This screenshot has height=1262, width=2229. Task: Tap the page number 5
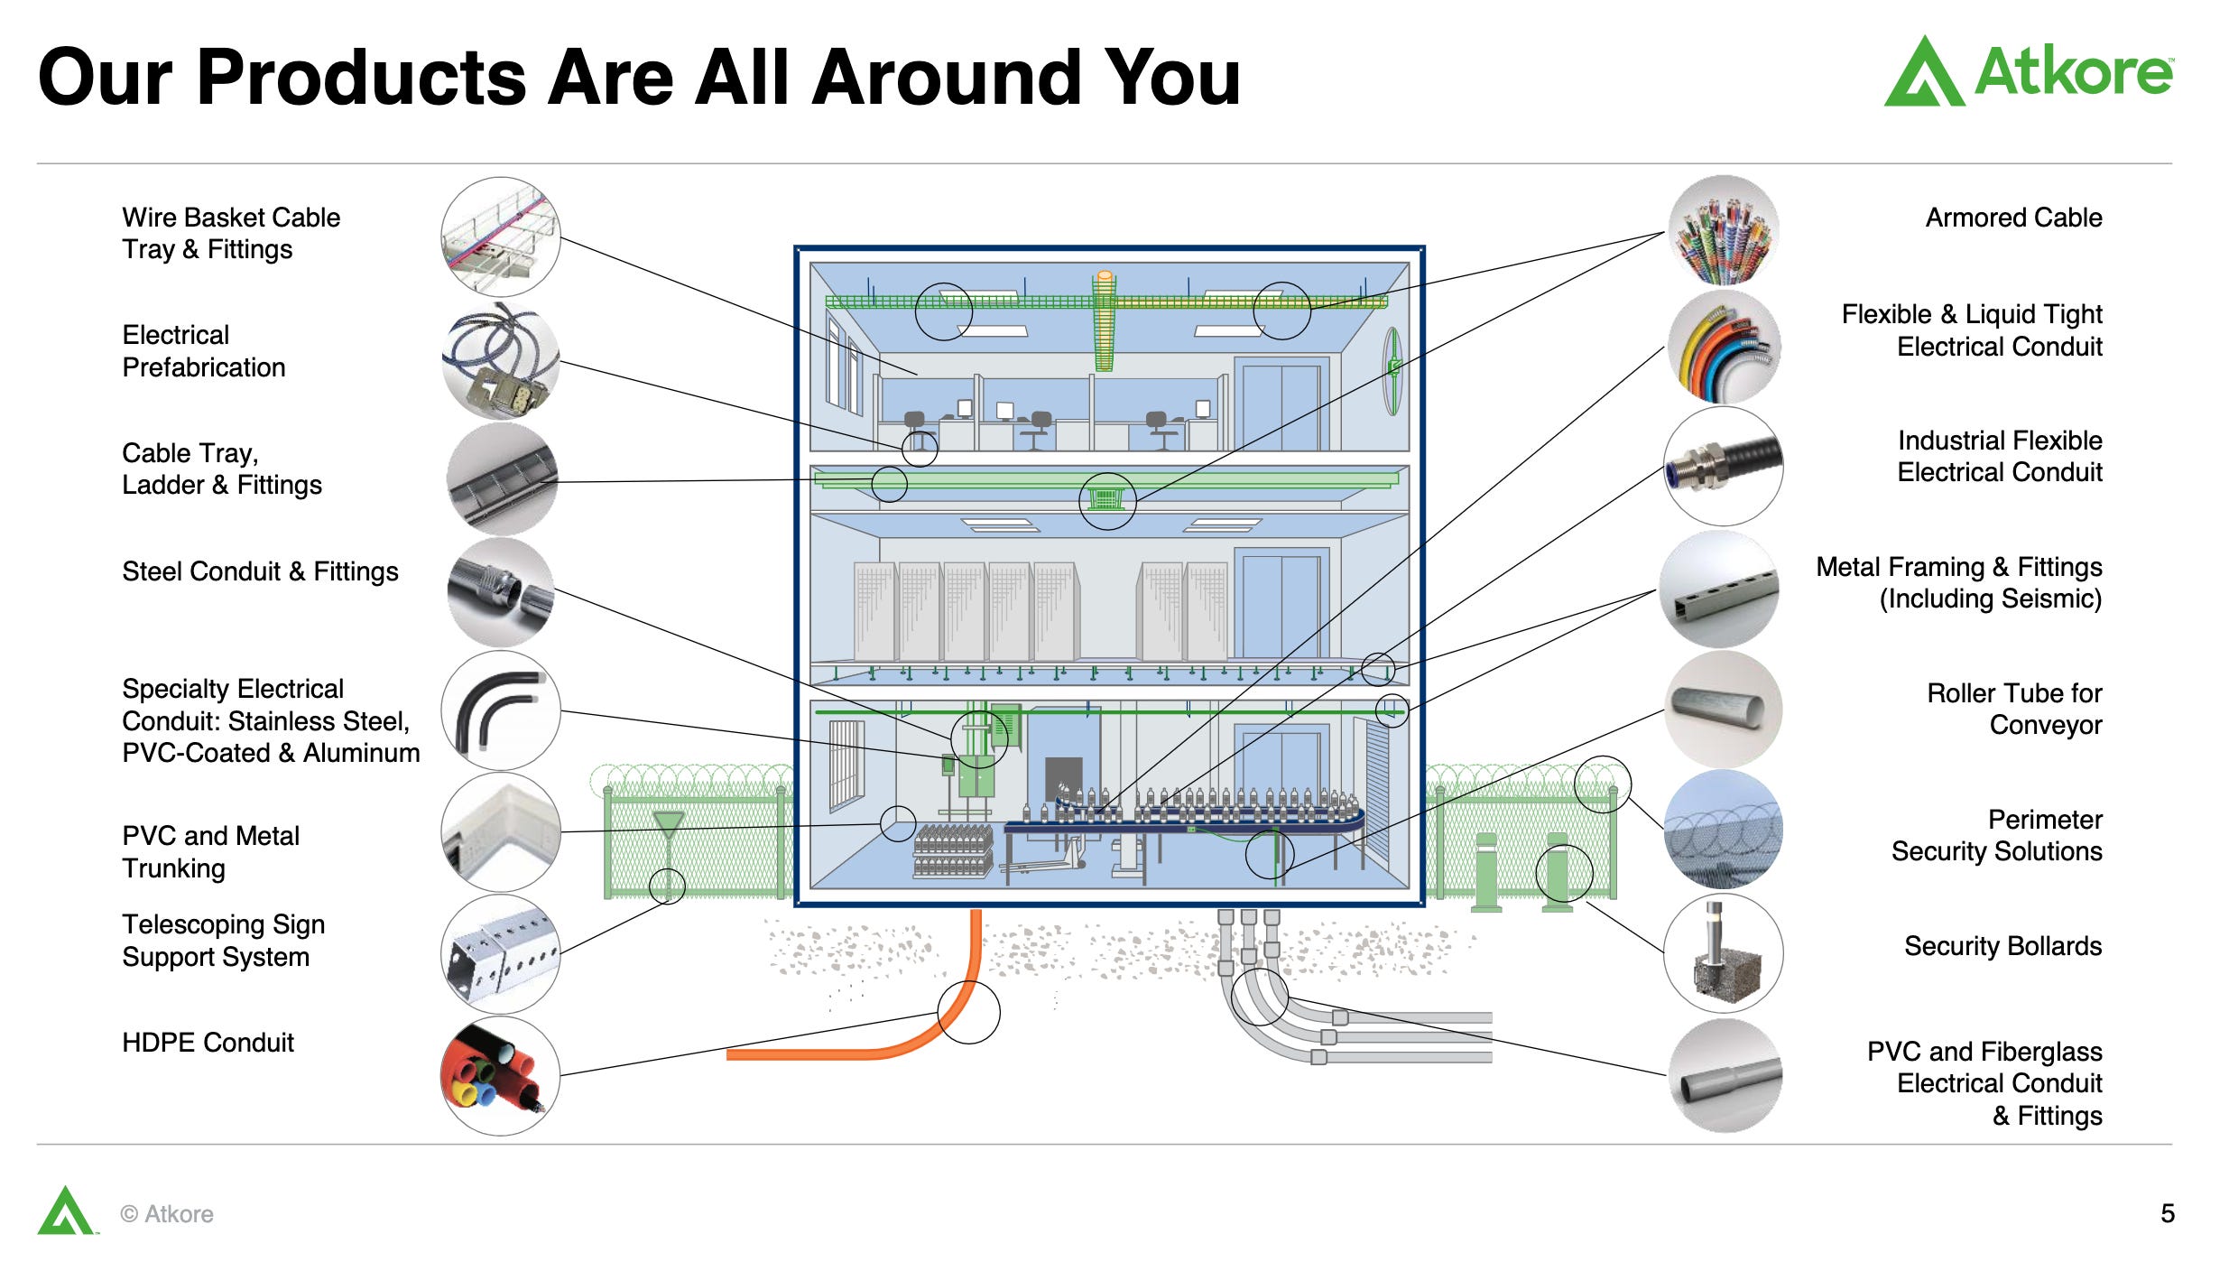coord(2167,1213)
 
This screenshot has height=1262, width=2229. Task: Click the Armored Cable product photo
coord(1723,230)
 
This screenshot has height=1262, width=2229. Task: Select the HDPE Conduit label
coord(208,1043)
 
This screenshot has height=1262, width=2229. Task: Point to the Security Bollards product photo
coord(1723,953)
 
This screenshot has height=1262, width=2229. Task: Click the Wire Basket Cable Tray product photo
coord(501,237)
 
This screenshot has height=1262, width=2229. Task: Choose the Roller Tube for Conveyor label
coord(2014,709)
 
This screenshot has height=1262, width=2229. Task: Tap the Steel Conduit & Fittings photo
coord(501,591)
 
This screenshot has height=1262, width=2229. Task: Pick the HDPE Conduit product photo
coord(501,1075)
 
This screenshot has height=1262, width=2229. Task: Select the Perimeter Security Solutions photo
coord(1723,830)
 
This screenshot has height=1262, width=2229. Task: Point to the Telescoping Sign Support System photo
coord(501,953)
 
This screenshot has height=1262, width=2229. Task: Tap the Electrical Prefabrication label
coord(203,351)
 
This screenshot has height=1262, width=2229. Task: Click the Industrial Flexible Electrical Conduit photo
coord(1723,466)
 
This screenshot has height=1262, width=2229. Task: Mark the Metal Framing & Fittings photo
coord(1719,589)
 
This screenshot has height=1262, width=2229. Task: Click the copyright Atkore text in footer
coord(168,1214)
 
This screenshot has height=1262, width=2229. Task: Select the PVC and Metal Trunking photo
coord(501,831)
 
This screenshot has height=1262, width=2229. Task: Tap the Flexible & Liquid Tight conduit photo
coord(1723,347)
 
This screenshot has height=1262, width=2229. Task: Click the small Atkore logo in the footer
coord(65,1211)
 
